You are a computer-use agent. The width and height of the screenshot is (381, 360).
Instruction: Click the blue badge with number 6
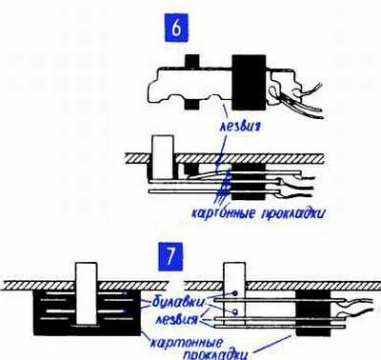[175, 29]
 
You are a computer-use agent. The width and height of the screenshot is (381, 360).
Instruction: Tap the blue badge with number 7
[170, 255]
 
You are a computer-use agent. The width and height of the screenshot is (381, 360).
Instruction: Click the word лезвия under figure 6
[241, 127]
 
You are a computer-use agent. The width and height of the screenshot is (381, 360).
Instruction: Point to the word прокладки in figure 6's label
[293, 213]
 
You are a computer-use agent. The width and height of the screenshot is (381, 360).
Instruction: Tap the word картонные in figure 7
[186, 343]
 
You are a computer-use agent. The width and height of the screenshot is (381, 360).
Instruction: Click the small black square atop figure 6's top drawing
[191, 61]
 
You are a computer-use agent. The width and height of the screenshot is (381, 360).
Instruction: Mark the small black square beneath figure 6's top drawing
[191, 104]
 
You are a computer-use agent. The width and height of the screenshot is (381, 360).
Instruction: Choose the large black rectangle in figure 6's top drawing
[249, 83]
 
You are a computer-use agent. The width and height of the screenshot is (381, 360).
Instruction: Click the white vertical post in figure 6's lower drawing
[163, 157]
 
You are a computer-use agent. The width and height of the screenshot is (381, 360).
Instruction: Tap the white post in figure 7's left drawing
[87, 292]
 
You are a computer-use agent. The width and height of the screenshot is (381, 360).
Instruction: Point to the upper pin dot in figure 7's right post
[234, 293]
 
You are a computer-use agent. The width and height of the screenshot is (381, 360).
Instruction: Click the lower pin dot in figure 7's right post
[234, 311]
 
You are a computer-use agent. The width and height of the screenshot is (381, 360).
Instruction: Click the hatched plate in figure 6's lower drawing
[224, 159]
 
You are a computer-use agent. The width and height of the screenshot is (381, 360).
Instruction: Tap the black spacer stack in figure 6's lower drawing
[249, 182]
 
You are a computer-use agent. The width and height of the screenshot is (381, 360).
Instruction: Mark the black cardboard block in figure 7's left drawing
[87, 313]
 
